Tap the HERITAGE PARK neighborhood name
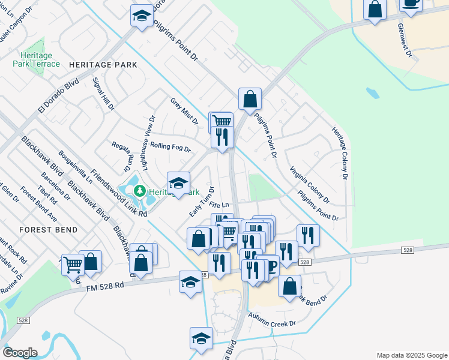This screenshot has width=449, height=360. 103,65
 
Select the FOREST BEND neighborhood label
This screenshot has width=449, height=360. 49,230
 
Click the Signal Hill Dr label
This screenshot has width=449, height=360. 103,94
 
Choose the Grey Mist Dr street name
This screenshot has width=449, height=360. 184,111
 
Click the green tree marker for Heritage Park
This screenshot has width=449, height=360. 140,191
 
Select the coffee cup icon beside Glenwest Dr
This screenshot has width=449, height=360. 411,3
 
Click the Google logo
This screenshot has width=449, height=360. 20,353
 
